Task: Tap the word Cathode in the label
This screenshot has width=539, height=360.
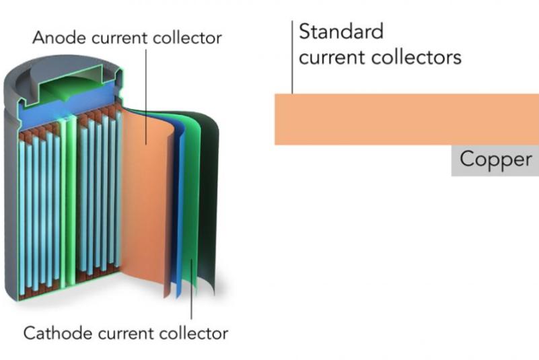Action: coord(52,332)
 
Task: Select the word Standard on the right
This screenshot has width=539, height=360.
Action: coord(340,32)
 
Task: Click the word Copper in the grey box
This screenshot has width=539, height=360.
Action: coord(495,160)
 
